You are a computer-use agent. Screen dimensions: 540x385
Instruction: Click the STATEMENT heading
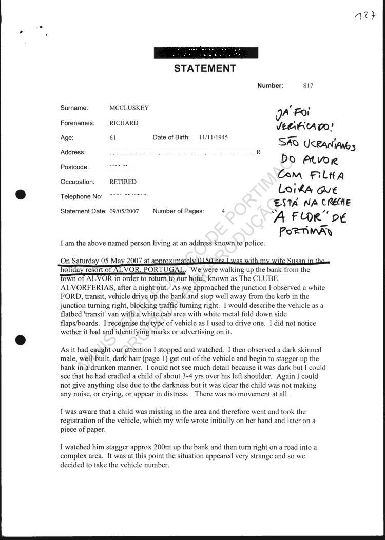click(205, 69)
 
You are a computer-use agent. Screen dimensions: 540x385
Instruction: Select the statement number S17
click(307, 86)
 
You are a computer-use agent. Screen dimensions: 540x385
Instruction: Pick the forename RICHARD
click(124, 123)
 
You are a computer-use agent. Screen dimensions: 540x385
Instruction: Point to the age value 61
click(113, 138)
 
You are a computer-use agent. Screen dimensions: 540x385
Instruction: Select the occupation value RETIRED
click(123, 182)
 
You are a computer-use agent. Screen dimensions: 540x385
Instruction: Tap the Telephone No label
click(82, 197)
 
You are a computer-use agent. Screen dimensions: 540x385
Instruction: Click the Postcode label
click(75, 167)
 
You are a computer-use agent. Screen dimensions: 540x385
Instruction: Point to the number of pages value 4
click(223, 211)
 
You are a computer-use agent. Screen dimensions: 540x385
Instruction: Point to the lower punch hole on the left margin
click(21, 339)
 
